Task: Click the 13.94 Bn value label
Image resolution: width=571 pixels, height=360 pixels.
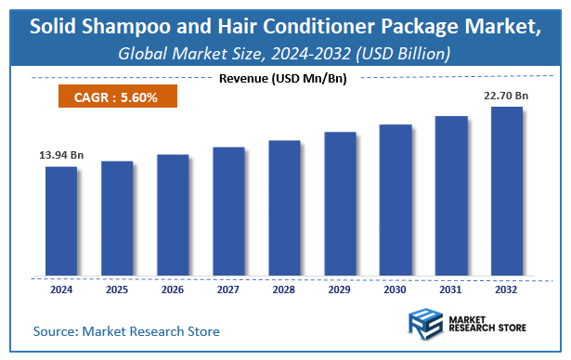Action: [x=61, y=155]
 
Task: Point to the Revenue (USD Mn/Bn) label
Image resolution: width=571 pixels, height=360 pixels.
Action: [x=282, y=79]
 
